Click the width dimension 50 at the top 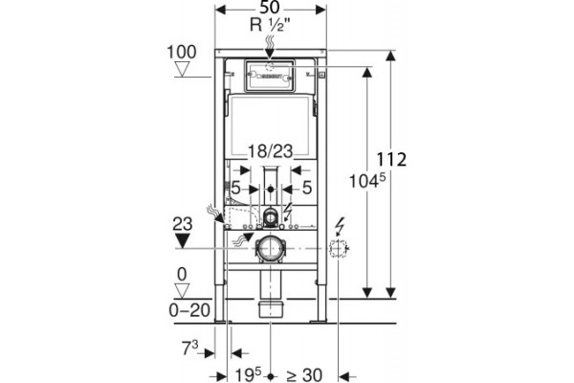(270, 8)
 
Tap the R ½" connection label (270, 25)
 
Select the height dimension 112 (391, 160)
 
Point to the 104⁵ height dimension (367, 181)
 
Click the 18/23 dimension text (271, 151)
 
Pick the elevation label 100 (182, 52)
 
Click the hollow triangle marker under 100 (182, 69)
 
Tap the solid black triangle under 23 (182, 240)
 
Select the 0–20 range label (189, 311)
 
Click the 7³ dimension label (190, 348)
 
